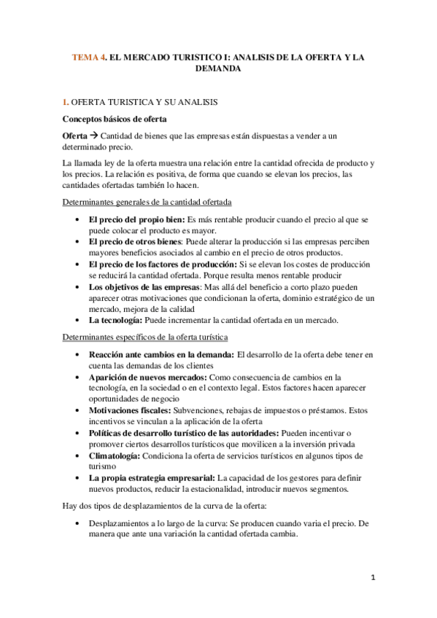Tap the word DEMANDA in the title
(219, 69)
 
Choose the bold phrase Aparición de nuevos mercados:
(148, 377)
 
